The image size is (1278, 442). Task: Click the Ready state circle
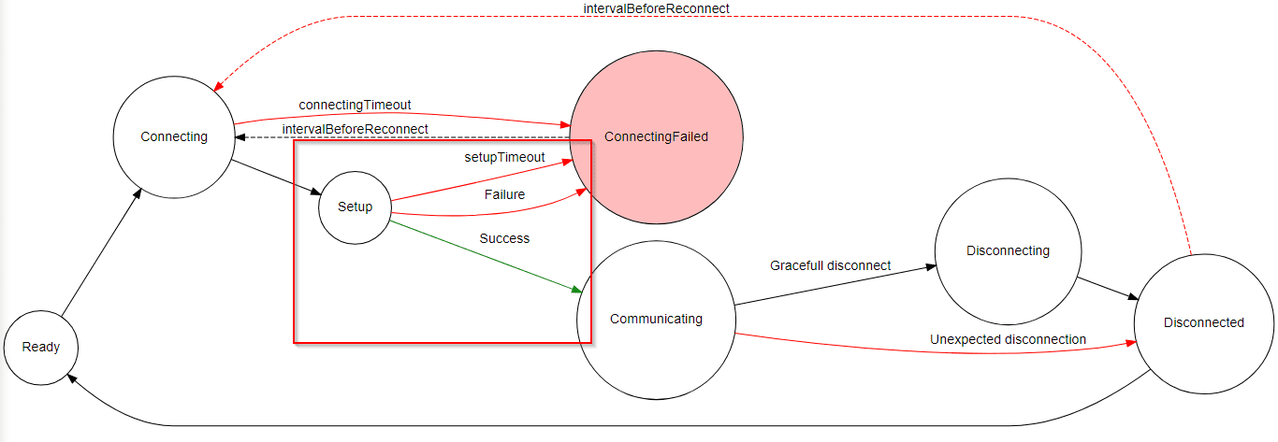(41, 348)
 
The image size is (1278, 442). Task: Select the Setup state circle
(355, 207)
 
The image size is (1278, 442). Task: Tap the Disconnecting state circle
(1009, 251)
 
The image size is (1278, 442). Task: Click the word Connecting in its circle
(174, 136)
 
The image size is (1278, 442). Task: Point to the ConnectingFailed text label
(656, 136)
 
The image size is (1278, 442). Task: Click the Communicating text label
(656, 319)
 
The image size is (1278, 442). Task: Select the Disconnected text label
(1204, 322)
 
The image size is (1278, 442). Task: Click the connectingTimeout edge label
(355, 105)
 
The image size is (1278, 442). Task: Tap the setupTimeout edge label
(504, 157)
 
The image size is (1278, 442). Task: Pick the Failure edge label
(504, 194)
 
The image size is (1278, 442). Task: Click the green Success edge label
(504, 238)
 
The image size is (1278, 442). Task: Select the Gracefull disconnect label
(830, 265)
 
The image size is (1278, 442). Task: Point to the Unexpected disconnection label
(1009, 339)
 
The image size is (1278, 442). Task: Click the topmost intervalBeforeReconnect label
(656, 8)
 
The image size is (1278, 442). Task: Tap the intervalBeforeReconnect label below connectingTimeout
(355, 129)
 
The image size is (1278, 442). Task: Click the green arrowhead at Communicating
(577, 290)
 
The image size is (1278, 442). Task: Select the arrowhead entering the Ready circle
(72, 378)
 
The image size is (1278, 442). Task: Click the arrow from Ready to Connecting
(102, 252)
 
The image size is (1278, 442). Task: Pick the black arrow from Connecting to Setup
(277, 178)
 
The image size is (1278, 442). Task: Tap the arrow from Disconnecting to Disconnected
(1108, 288)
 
